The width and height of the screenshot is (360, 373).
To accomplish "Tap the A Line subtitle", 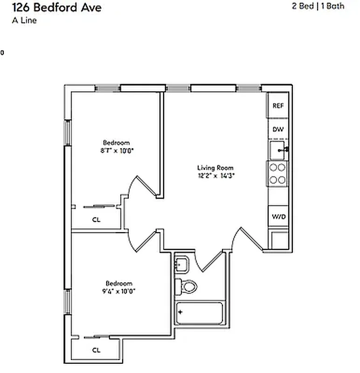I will [x=24, y=20].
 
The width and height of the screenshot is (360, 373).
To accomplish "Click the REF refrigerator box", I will [x=278, y=106].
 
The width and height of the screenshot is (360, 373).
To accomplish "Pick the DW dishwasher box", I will [x=278, y=130].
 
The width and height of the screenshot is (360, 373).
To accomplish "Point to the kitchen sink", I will [x=278, y=150].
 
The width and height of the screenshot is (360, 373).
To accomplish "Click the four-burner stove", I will [x=278, y=173].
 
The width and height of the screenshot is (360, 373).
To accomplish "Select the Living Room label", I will [x=215, y=168].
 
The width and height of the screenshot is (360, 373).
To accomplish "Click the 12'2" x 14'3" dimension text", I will [x=215, y=176].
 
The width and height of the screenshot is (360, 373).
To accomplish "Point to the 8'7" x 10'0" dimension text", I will [x=117, y=151].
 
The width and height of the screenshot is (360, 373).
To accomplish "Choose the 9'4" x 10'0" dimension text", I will [x=119, y=291].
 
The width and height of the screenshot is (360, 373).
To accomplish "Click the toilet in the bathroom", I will [x=187, y=285].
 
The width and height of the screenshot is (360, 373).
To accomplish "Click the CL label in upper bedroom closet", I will [x=96, y=220].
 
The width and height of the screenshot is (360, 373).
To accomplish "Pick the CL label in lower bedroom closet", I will [x=96, y=350].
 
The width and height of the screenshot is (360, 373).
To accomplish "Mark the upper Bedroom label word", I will [x=117, y=143].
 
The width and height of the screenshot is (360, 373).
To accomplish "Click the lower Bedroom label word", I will [x=119, y=283].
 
